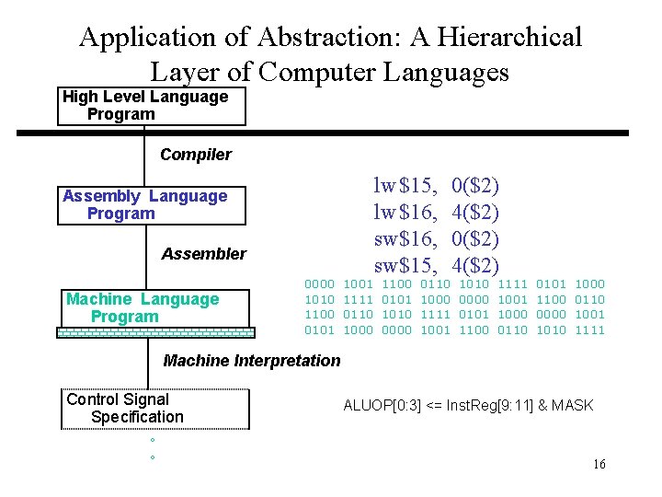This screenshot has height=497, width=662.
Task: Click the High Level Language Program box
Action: [x=152, y=106]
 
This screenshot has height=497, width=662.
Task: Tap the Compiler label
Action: [x=195, y=155]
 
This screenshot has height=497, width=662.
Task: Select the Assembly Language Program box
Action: [x=152, y=205]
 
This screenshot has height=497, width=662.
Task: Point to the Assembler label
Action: [x=203, y=254]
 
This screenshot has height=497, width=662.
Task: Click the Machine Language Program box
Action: [x=152, y=308]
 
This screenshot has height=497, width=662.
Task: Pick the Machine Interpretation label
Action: [x=251, y=361]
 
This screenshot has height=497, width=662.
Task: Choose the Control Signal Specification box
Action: [x=156, y=409]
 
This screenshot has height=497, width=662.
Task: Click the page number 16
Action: [x=599, y=465]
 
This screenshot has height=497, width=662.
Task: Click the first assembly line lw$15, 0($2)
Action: [x=436, y=186]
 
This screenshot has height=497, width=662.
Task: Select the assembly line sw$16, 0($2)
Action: [x=436, y=239]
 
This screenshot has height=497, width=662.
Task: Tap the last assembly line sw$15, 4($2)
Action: [x=436, y=266]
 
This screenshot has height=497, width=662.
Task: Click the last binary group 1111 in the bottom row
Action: [x=589, y=329]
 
